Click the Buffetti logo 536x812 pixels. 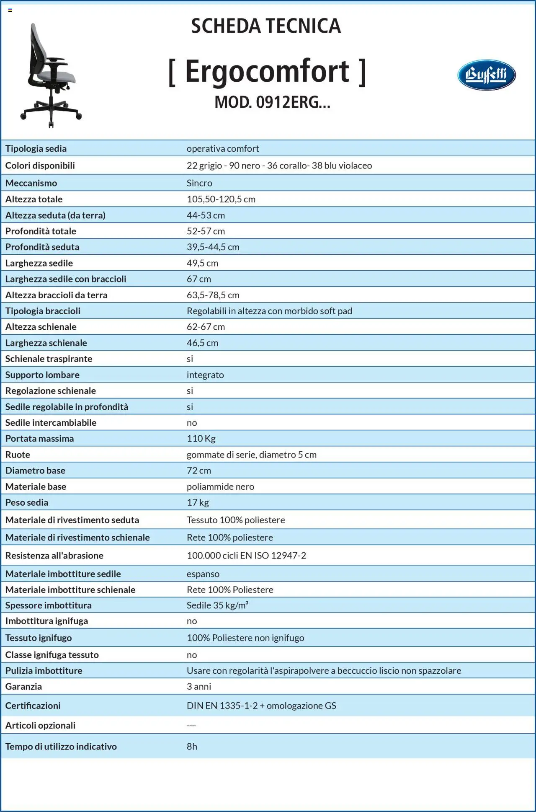486,75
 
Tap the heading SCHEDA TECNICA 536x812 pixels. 266,26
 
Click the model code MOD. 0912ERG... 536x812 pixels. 272,102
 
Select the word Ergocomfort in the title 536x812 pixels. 267,72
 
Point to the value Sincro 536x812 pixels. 199,183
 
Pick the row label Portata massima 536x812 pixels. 39,439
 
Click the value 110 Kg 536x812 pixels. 201,439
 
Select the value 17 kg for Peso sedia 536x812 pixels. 198,502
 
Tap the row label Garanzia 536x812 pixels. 23,686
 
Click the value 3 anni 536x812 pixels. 199,686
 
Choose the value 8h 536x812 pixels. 192,746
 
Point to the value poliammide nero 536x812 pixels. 220,486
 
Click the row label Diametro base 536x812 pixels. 35,471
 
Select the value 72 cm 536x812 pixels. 199,471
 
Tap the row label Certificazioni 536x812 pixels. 33,706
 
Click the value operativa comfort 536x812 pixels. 223,149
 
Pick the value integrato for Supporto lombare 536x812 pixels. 205,375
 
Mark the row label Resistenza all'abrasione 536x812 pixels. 54,556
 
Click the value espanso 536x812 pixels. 203,574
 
